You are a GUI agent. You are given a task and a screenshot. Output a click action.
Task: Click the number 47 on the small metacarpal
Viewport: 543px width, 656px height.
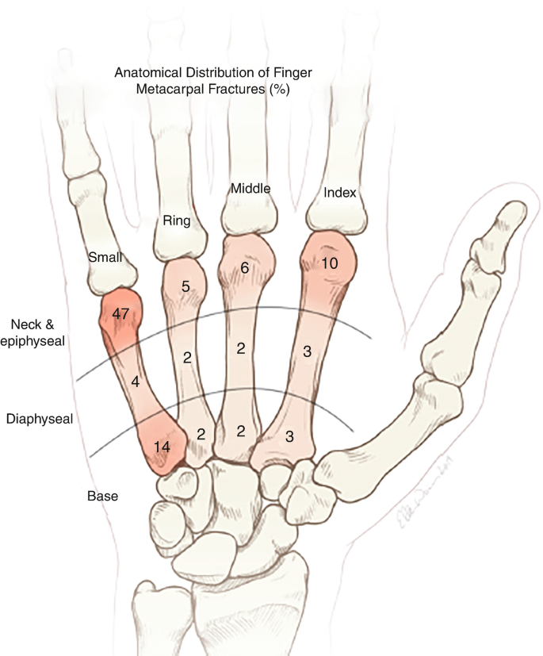tap(121, 315)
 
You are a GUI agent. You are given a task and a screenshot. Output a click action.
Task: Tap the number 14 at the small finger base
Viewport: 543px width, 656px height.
tap(162, 447)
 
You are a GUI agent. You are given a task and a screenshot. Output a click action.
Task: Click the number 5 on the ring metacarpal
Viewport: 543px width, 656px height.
tap(185, 287)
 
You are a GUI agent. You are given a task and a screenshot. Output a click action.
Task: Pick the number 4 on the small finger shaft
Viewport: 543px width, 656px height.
tap(136, 382)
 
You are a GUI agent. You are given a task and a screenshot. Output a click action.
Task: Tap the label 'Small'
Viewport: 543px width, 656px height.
tap(105, 257)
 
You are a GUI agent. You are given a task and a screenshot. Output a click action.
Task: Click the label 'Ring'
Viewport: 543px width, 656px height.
tap(176, 220)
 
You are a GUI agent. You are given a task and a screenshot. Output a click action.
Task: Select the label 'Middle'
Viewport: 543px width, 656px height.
tap(250, 189)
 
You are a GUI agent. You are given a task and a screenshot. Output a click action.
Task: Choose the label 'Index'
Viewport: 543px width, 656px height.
tap(341, 193)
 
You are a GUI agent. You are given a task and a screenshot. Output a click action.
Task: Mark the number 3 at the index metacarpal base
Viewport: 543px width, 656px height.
tap(290, 435)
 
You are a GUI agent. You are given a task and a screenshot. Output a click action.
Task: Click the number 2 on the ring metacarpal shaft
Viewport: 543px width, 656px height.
tap(187, 357)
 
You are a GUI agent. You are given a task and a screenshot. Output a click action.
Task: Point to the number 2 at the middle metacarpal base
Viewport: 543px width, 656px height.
tap(240, 431)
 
